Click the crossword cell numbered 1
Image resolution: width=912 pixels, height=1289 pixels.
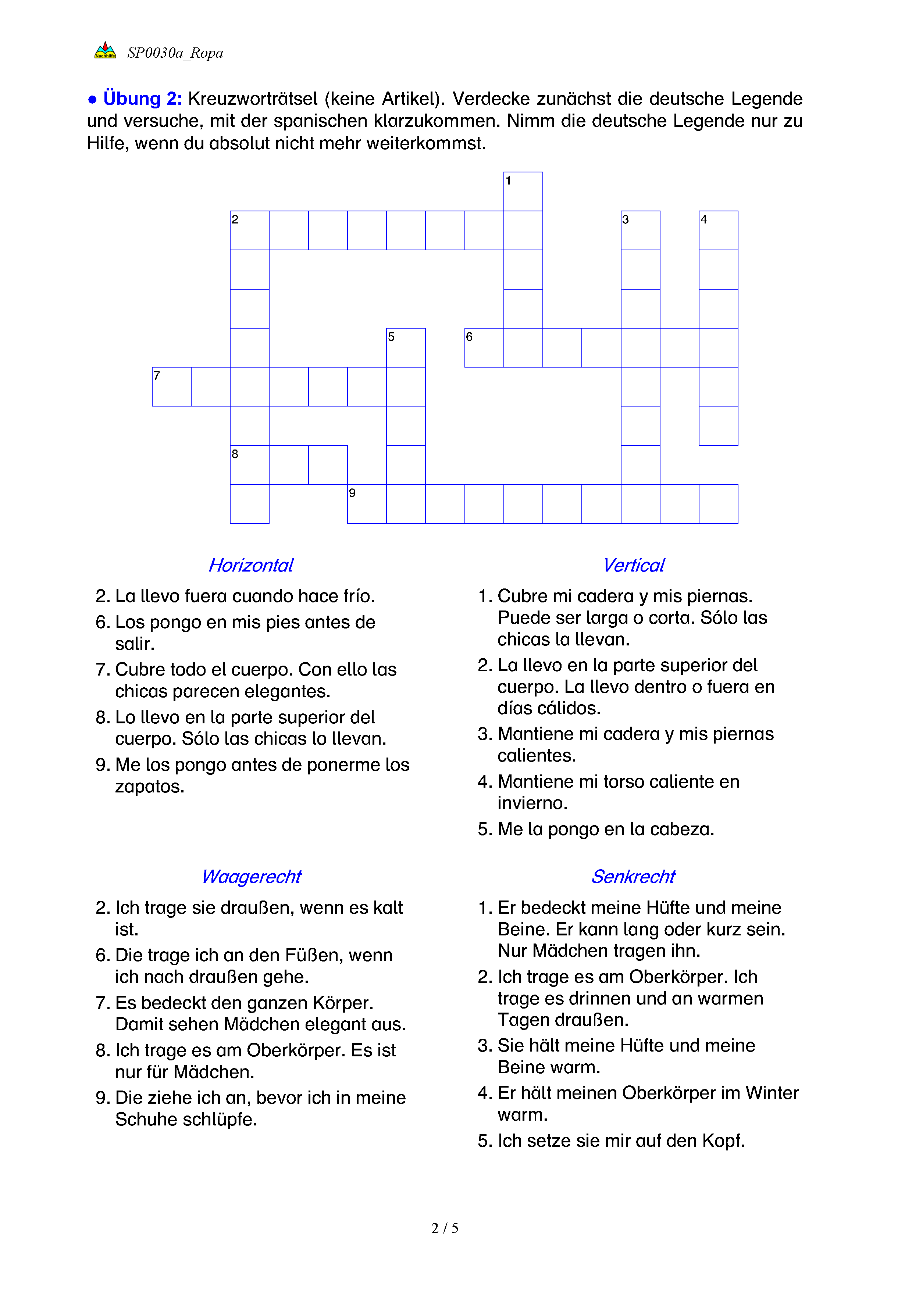click(x=523, y=191)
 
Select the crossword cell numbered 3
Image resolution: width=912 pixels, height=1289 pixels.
click(x=640, y=230)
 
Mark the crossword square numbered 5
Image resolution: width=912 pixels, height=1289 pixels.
click(x=406, y=347)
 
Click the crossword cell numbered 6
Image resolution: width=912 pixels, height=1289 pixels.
click(x=484, y=347)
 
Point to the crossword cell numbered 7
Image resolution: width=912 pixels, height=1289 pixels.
click(x=171, y=386)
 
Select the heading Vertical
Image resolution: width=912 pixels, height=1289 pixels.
click(x=634, y=565)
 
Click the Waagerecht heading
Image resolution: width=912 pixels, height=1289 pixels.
click(x=251, y=876)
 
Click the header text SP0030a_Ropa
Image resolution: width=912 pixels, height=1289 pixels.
click(x=175, y=53)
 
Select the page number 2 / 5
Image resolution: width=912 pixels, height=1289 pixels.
click(x=445, y=1228)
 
